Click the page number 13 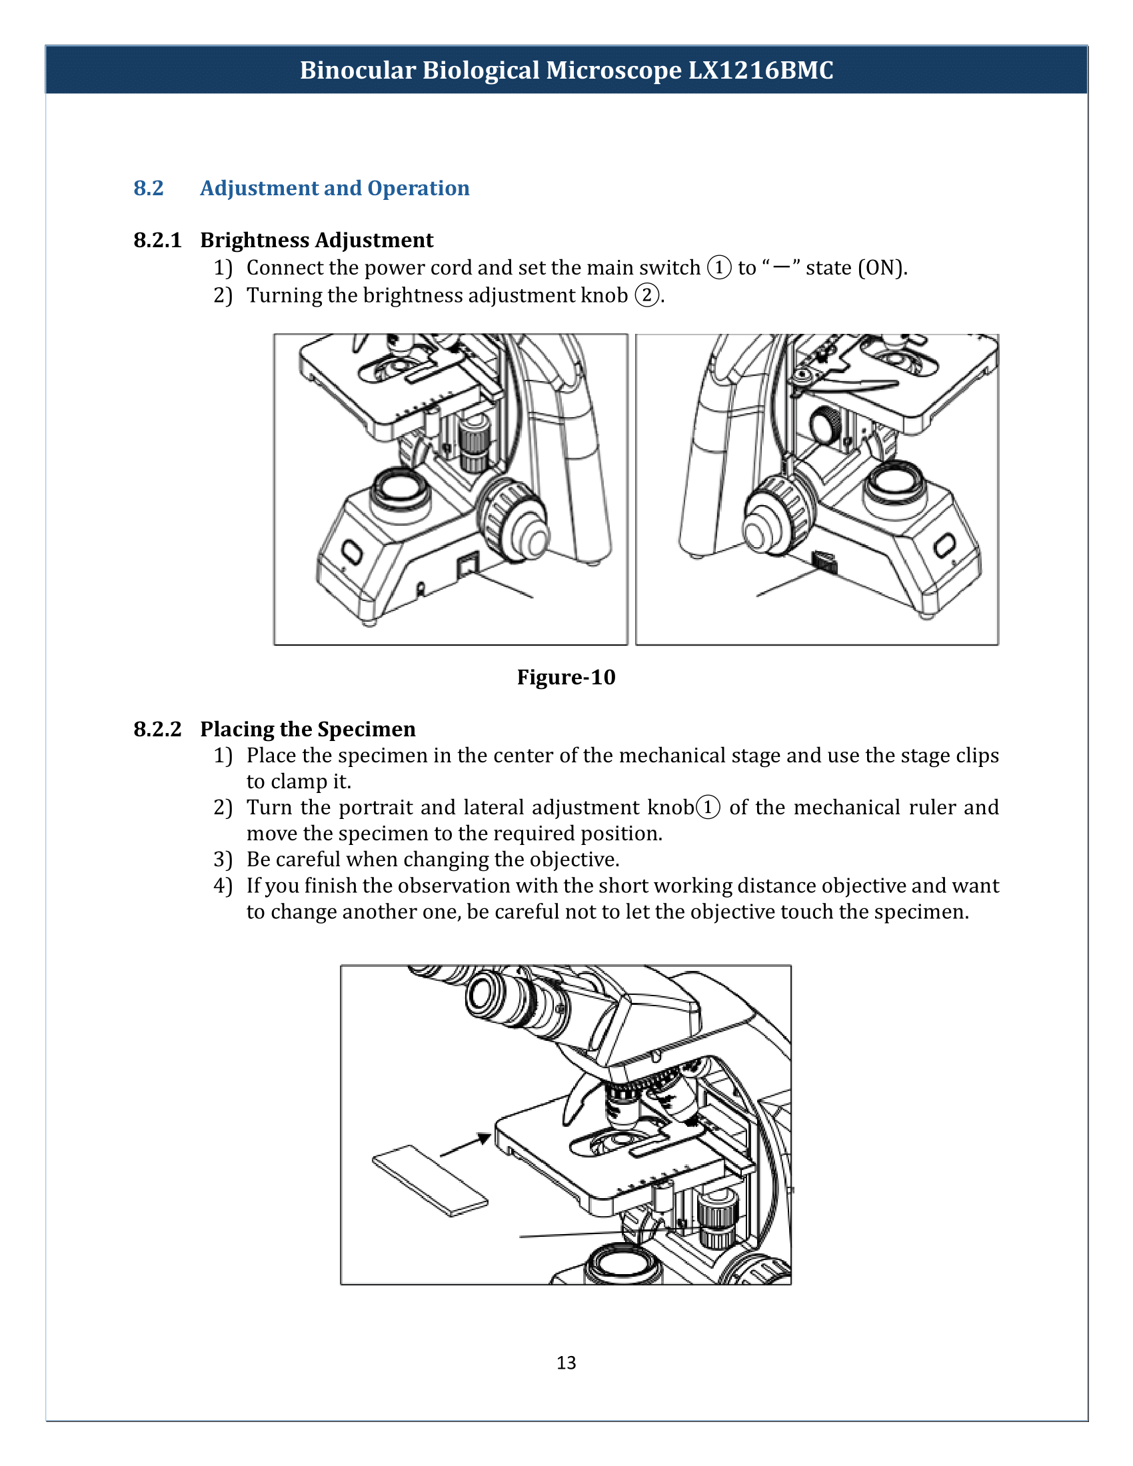566,1362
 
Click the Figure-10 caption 566,676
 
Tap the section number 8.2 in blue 149,188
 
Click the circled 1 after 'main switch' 719,267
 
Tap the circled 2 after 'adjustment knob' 647,295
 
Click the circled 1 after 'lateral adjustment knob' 708,807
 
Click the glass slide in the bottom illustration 431,1181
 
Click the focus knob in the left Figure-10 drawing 514,518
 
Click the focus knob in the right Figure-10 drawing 776,516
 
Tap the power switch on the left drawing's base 467,564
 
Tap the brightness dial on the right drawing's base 825,562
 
